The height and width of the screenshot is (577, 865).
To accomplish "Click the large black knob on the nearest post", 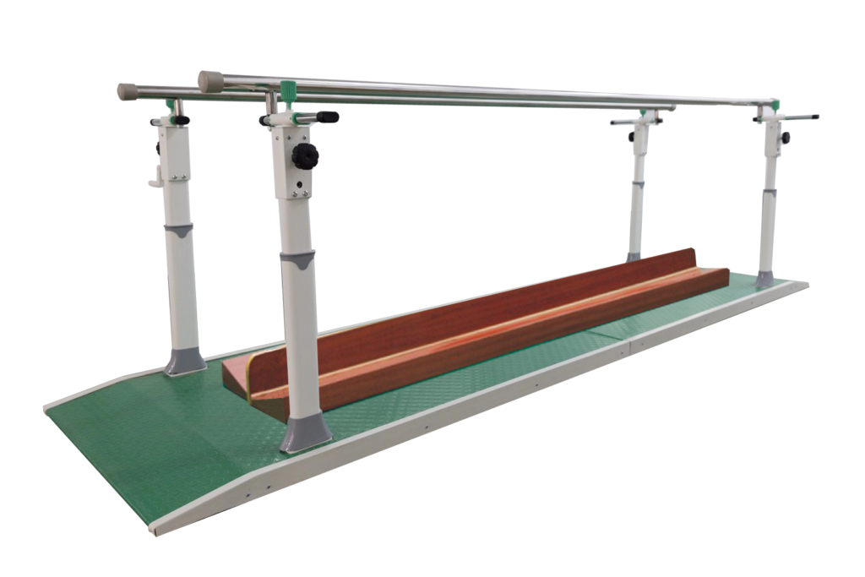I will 305,155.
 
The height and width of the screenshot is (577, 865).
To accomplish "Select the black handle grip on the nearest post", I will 326,117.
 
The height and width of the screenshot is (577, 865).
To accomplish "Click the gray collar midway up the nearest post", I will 297,259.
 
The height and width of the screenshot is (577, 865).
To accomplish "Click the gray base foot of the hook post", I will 184,361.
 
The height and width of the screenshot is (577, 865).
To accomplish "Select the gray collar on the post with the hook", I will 178,230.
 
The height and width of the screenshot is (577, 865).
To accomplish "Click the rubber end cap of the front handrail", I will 210,81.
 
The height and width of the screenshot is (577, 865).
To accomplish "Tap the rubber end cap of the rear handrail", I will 128,91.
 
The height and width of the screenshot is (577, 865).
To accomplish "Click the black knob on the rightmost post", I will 785,138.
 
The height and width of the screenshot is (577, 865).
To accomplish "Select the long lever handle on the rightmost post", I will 798,117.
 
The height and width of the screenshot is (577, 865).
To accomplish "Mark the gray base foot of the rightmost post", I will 764,279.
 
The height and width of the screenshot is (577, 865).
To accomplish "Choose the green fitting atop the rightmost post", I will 774,106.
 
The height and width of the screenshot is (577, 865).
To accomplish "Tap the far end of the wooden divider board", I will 693,258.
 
